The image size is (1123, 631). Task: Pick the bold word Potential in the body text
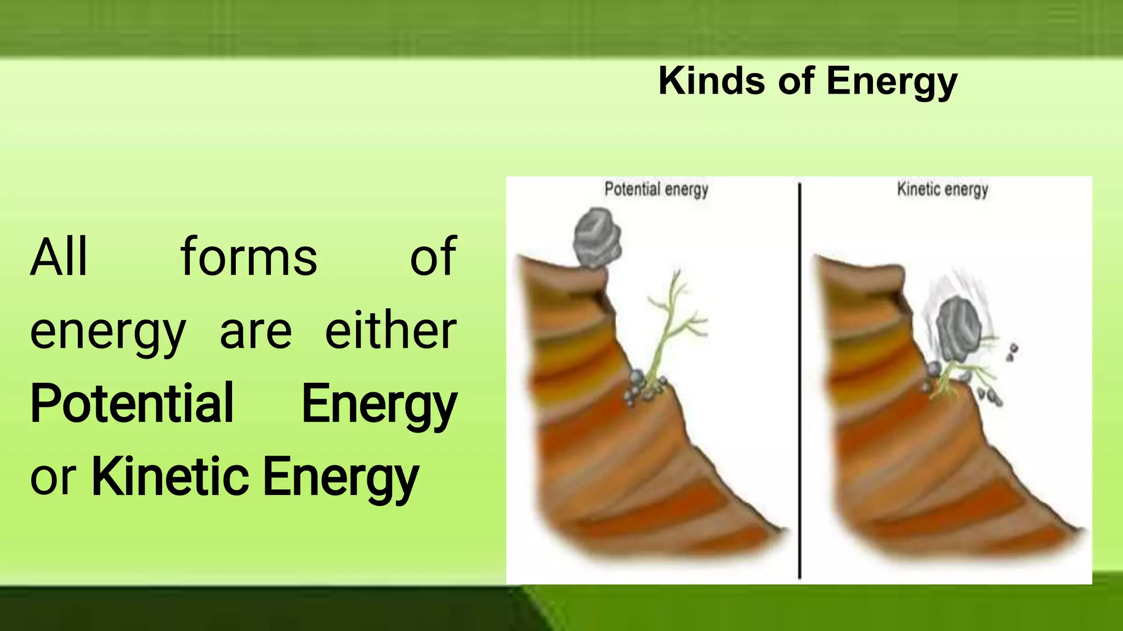pos(132,404)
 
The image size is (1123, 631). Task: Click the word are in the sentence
pos(256,332)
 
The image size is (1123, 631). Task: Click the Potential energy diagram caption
pos(656,190)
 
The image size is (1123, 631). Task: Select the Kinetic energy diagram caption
pos(942,190)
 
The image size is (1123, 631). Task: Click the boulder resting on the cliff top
pos(597,238)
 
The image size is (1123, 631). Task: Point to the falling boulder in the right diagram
pos(959,329)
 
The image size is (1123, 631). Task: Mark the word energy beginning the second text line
pos(107,332)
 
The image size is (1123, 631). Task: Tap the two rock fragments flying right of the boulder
pos(1012,352)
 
